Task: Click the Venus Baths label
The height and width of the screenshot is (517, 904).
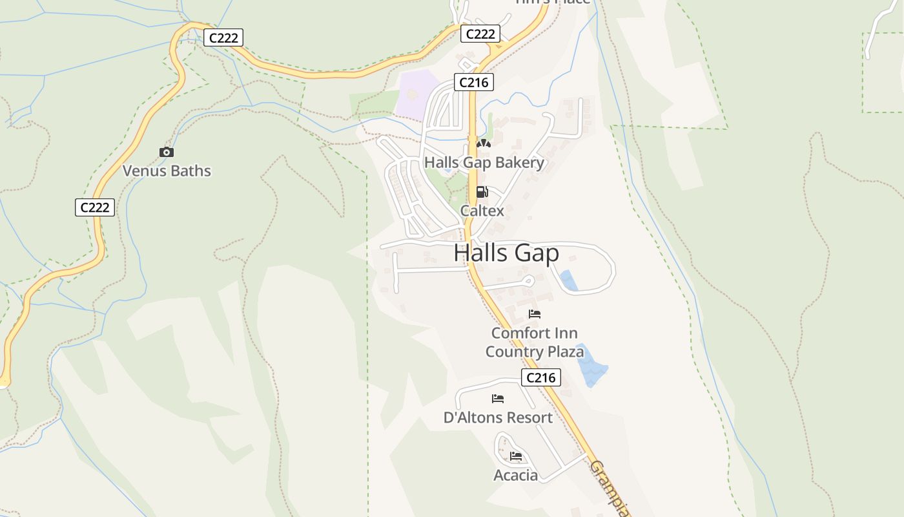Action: click(167, 171)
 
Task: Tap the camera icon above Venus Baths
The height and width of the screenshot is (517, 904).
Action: click(167, 153)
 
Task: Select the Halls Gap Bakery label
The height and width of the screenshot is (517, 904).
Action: click(484, 163)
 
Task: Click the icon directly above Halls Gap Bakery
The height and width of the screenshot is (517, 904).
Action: click(484, 143)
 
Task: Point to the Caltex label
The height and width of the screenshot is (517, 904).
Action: click(482, 211)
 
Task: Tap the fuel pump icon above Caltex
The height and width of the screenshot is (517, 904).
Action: click(482, 192)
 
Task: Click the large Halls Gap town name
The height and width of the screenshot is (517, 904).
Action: click(506, 253)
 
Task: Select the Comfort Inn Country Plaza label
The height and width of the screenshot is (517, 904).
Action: click(535, 343)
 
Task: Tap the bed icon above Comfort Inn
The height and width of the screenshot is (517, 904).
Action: click(535, 314)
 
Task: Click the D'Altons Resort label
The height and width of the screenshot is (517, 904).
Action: click(498, 417)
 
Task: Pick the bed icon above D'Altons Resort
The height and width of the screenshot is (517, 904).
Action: click(498, 398)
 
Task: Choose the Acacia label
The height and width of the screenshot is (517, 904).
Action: click(515, 476)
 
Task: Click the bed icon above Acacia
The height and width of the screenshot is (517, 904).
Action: click(515, 456)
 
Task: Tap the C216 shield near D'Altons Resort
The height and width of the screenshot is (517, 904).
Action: click(540, 377)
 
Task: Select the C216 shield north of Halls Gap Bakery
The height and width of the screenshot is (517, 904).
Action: click(474, 82)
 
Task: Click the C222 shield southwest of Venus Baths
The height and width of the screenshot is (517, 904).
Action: click(95, 207)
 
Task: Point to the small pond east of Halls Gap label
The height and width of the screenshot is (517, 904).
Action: click(568, 280)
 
